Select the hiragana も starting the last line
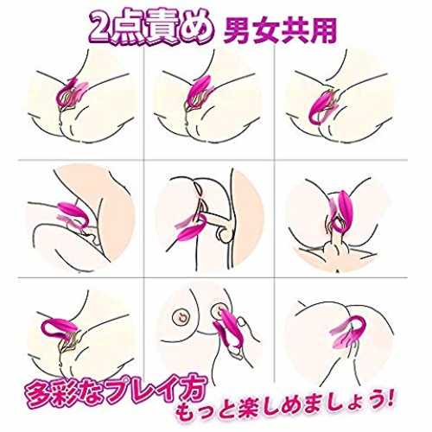tap(185, 414)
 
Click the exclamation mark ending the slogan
tap(389, 399)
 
